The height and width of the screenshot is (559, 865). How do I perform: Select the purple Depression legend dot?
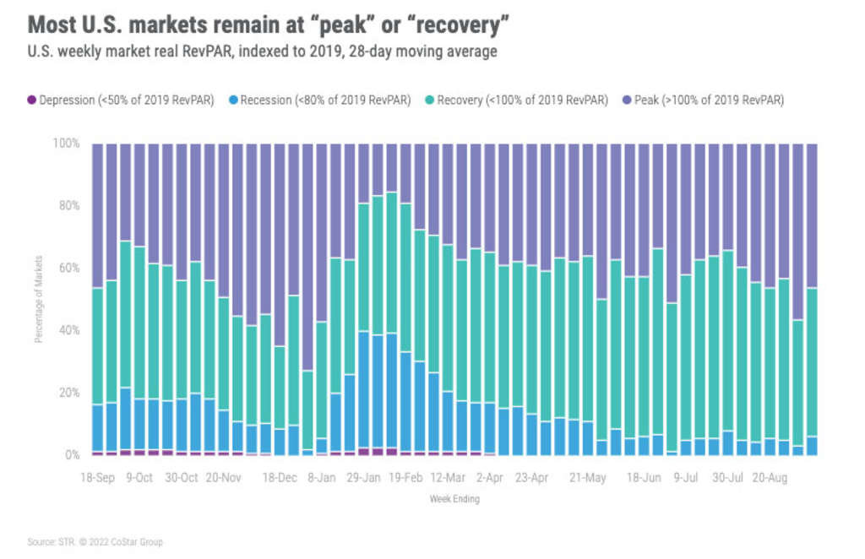coord(32,100)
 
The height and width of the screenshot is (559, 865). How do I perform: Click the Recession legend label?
coord(325,100)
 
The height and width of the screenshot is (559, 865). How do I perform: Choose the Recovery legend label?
coord(524,100)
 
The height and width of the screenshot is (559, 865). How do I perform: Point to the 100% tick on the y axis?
coord(67,144)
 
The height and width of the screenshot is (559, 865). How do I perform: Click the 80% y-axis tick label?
coord(68,206)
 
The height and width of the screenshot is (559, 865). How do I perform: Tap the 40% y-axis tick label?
coord(68,330)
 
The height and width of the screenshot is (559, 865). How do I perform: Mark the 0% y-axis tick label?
coord(72,455)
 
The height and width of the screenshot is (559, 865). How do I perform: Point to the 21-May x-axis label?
coord(589,478)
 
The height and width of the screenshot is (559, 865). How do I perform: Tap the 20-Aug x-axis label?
coord(770,478)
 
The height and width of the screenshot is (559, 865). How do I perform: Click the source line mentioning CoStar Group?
coord(95,542)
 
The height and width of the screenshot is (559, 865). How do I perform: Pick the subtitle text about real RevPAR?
coord(262,52)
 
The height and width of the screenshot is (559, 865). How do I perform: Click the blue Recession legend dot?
coord(233,100)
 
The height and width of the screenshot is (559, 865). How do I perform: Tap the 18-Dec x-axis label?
coord(280,478)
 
